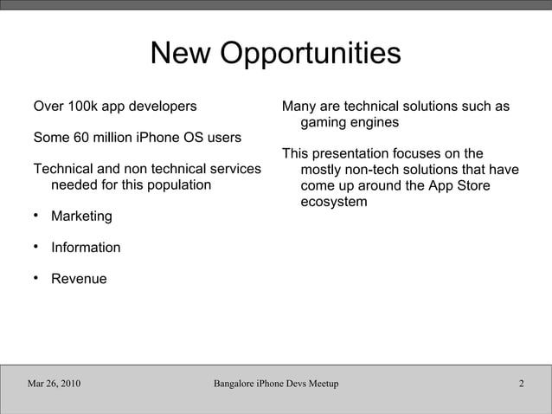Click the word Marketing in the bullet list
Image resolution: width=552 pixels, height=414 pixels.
click(81, 216)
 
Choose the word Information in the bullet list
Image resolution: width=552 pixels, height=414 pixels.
click(86, 248)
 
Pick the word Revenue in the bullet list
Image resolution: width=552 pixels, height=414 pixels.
click(79, 279)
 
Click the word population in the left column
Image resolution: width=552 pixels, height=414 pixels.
click(177, 185)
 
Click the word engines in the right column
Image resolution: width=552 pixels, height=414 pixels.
click(375, 123)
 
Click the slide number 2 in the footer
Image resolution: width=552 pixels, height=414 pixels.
click(522, 384)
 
